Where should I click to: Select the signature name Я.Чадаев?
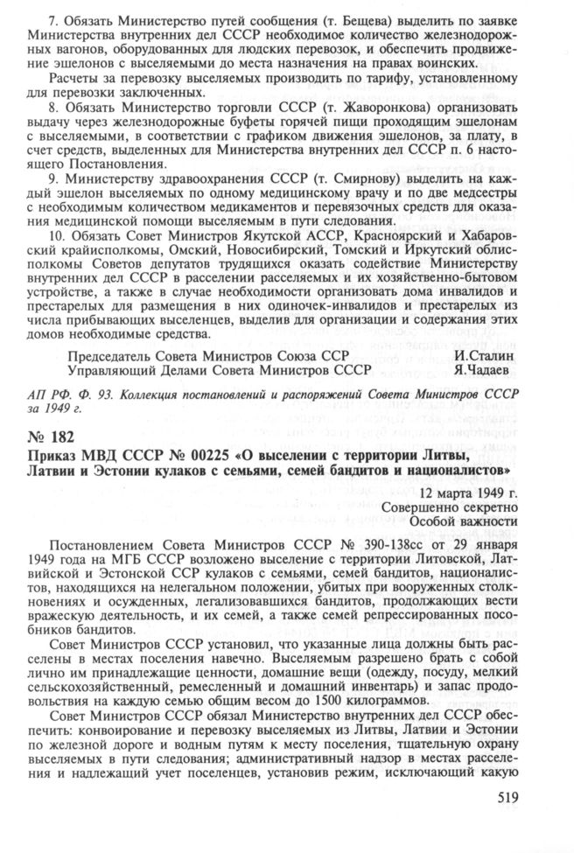(485, 371)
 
